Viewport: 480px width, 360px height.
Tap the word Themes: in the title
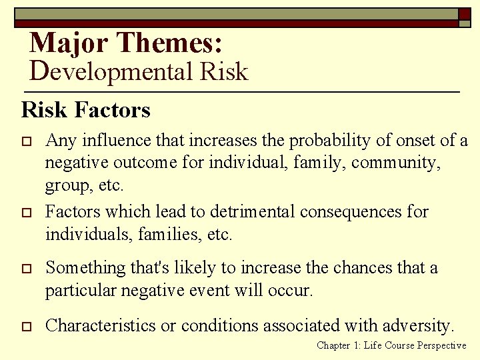(x=169, y=43)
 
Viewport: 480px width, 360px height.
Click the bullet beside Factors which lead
(x=27, y=213)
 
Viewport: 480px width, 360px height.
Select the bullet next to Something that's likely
(x=27, y=269)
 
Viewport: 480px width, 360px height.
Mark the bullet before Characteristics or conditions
(x=27, y=327)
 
